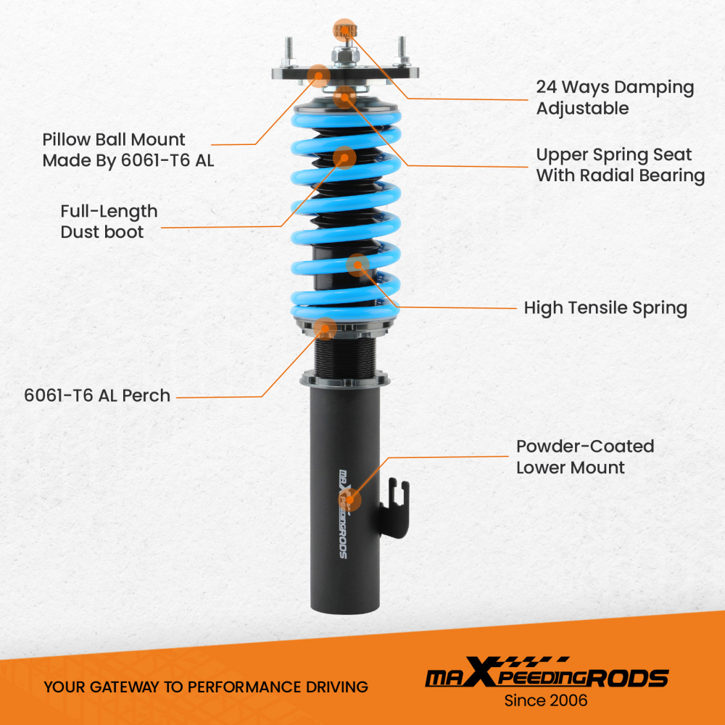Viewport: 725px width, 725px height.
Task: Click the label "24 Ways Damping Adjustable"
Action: point(615,98)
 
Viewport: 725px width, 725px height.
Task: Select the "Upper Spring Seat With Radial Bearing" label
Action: point(620,165)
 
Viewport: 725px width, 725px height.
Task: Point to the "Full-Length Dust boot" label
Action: point(109,221)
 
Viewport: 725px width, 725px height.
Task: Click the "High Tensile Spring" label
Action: point(605,307)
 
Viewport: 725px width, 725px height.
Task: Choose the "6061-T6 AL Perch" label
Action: point(97,396)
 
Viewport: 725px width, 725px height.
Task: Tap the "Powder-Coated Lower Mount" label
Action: point(585,457)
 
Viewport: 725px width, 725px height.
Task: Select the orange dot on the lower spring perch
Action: point(326,328)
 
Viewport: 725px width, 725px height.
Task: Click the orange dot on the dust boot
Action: point(344,157)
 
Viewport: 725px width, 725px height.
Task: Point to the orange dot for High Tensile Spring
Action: point(357,265)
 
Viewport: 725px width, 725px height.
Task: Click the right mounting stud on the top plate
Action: point(399,51)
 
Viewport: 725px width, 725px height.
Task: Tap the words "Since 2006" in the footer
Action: point(546,701)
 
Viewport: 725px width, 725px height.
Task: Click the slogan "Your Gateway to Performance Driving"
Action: point(206,687)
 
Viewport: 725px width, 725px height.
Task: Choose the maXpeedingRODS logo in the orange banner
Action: point(546,678)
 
